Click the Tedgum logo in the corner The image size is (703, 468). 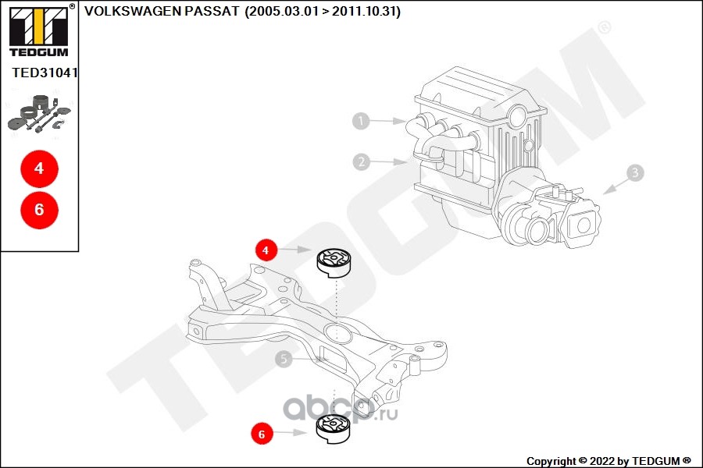coord(39,30)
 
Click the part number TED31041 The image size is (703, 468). coord(45,73)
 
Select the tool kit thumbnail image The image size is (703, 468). coord(40,114)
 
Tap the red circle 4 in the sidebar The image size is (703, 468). coord(40,168)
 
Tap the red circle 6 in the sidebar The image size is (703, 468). coord(40,210)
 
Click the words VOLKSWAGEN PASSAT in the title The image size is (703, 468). coord(162,11)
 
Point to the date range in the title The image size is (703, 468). coord(323,11)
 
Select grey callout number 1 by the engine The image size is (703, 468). coord(361,121)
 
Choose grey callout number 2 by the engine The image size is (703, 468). coord(362,161)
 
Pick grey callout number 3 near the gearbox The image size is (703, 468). coord(635,173)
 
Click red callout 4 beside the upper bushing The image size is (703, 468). coord(266,250)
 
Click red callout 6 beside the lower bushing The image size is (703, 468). coord(262,434)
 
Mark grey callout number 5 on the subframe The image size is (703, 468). coord(284,359)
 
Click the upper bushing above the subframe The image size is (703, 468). coord(335,263)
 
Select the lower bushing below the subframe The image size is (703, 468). coord(334,429)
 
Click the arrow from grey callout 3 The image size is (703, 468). coord(616,186)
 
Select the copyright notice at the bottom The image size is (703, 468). coord(608,461)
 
